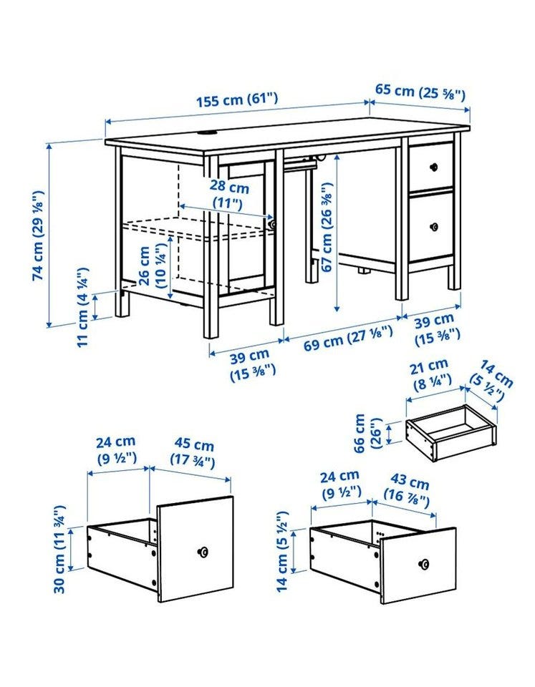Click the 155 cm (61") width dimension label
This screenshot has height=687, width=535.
[237, 99]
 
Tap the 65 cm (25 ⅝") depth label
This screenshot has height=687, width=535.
[420, 92]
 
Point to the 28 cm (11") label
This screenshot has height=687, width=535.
[228, 195]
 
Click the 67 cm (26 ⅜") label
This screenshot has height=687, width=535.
[327, 228]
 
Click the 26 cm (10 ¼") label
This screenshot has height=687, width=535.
[152, 267]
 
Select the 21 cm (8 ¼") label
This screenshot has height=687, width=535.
[430, 374]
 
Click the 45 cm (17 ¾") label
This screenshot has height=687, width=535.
[193, 452]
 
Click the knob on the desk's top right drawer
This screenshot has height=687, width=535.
[434, 166]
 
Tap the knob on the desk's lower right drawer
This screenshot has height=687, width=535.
[434, 227]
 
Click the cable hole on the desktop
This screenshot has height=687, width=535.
[208, 133]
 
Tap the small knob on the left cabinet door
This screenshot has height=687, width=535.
[273, 224]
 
